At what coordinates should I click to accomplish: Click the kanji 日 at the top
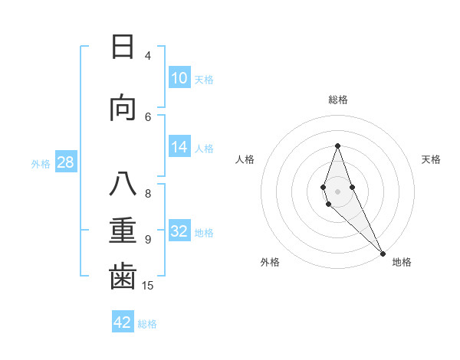point(123,47)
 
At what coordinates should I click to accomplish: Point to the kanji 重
point(123,231)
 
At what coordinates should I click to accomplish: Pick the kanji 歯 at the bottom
point(123,277)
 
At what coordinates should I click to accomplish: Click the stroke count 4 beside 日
point(147,55)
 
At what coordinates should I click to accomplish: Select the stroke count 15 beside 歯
point(149,286)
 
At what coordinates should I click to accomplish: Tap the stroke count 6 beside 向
point(148,116)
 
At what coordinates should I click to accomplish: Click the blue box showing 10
point(179,78)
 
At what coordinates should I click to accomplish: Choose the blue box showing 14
point(179,147)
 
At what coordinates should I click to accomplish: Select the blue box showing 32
point(179,231)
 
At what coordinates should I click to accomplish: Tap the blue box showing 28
point(65,162)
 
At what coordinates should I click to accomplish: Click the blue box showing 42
point(123,322)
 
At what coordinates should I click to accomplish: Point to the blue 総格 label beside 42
point(147,324)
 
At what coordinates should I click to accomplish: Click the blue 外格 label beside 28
point(41,164)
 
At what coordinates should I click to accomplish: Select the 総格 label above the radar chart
point(337,100)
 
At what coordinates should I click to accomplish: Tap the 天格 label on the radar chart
point(431,159)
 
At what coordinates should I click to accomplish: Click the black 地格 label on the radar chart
point(402,263)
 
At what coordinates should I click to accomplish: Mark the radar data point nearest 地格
point(382,253)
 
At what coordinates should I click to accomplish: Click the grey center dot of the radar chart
point(337,191)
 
